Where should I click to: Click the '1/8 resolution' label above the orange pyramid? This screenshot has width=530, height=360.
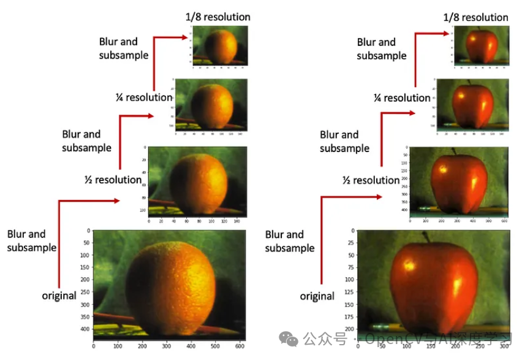click(218, 17)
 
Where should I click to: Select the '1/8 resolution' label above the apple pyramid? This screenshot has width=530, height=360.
click(476, 17)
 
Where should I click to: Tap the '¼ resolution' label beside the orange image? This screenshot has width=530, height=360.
click(144, 97)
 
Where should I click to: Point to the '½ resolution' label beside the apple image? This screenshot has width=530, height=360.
click(371, 180)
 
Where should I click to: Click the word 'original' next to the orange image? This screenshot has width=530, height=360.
click(59, 296)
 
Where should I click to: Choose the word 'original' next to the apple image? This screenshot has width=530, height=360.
click(317, 296)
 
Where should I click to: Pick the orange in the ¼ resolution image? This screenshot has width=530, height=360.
click(213, 105)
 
